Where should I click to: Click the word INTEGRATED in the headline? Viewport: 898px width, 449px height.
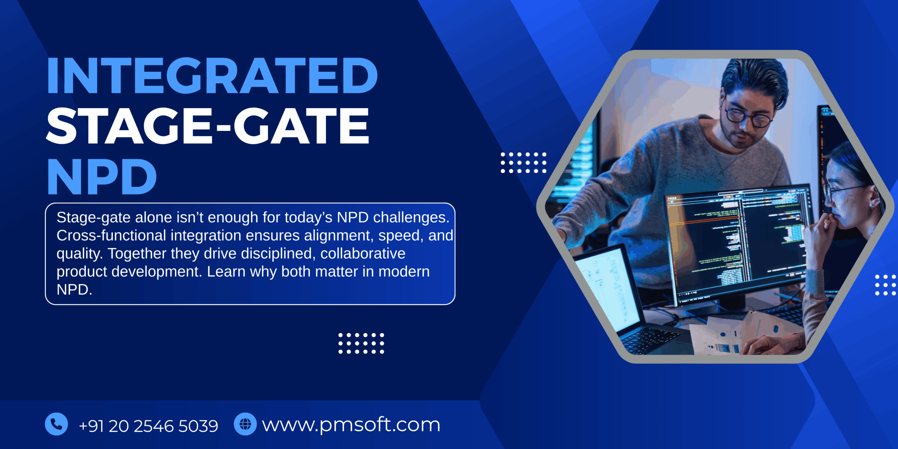point(212,75)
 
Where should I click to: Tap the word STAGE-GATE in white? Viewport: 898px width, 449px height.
point(208,126)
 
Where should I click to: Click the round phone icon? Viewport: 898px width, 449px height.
point(56,424)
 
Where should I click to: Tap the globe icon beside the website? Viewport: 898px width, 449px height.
point(245,424)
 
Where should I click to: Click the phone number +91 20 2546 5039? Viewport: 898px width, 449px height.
point(148,426)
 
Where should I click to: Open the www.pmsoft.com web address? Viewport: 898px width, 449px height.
point(351,425)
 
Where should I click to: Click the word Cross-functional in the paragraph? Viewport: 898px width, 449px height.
point(111,236)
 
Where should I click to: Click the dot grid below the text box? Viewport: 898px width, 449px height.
point(361,343)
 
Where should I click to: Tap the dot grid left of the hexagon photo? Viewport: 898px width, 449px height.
point(523,163)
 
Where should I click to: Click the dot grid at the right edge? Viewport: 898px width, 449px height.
point(885,285)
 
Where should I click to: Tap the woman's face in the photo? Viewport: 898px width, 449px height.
point(845,196)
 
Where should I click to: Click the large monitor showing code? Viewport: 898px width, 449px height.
point(737,242)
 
